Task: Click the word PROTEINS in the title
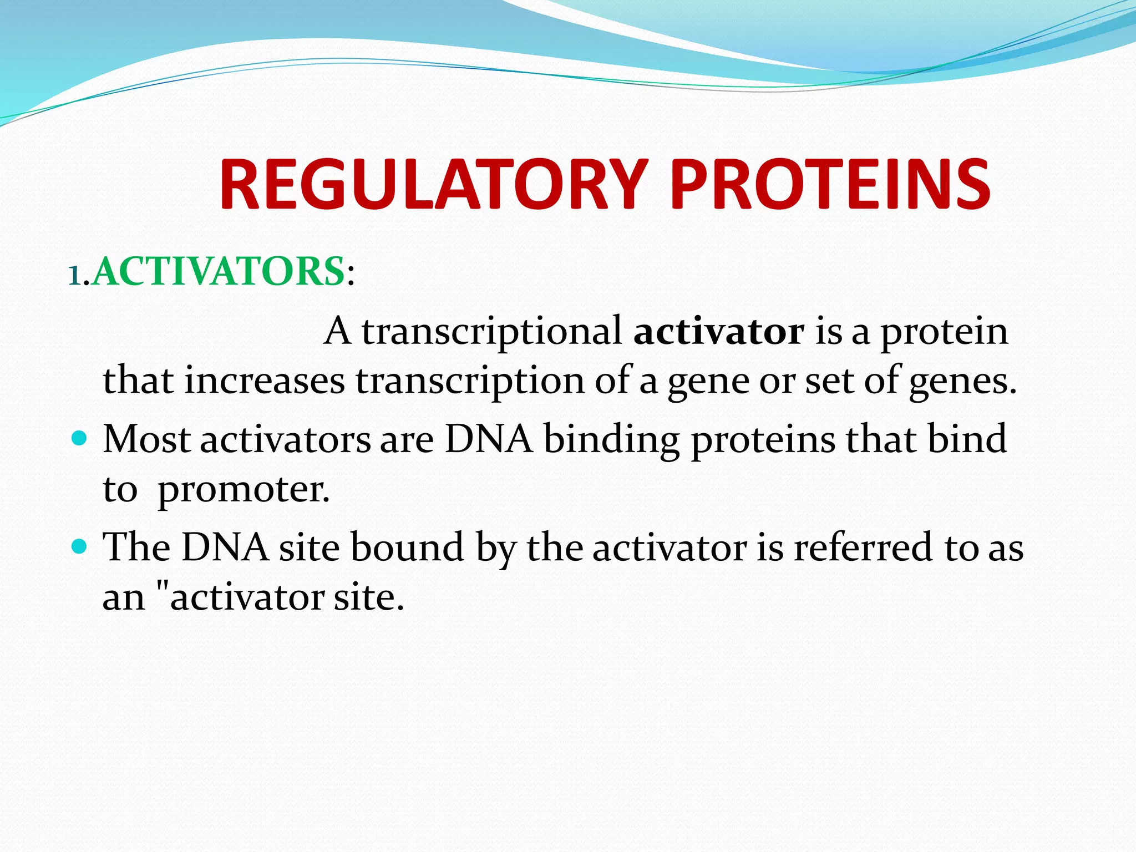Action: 830,185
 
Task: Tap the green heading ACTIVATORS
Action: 218,272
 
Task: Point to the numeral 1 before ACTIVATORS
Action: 75,275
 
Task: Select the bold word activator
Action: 719,331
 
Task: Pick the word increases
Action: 264,381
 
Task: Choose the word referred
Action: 863,547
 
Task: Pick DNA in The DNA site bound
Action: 225,547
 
